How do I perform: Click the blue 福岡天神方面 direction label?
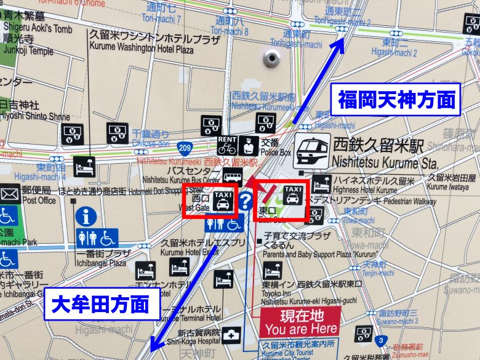[x=398, y=99]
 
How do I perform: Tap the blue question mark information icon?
[x=246, y=200]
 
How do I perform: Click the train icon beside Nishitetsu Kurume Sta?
[x=312, y=151]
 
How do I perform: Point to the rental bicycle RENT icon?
[x=227, y=146]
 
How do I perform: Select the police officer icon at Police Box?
[x=249, y=146]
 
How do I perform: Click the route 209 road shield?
[x=185, y=147]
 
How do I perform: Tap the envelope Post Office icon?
[x=10, y=194]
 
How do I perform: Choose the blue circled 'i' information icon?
[x=86, y=217]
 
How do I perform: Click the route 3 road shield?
[x=382, y=340]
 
